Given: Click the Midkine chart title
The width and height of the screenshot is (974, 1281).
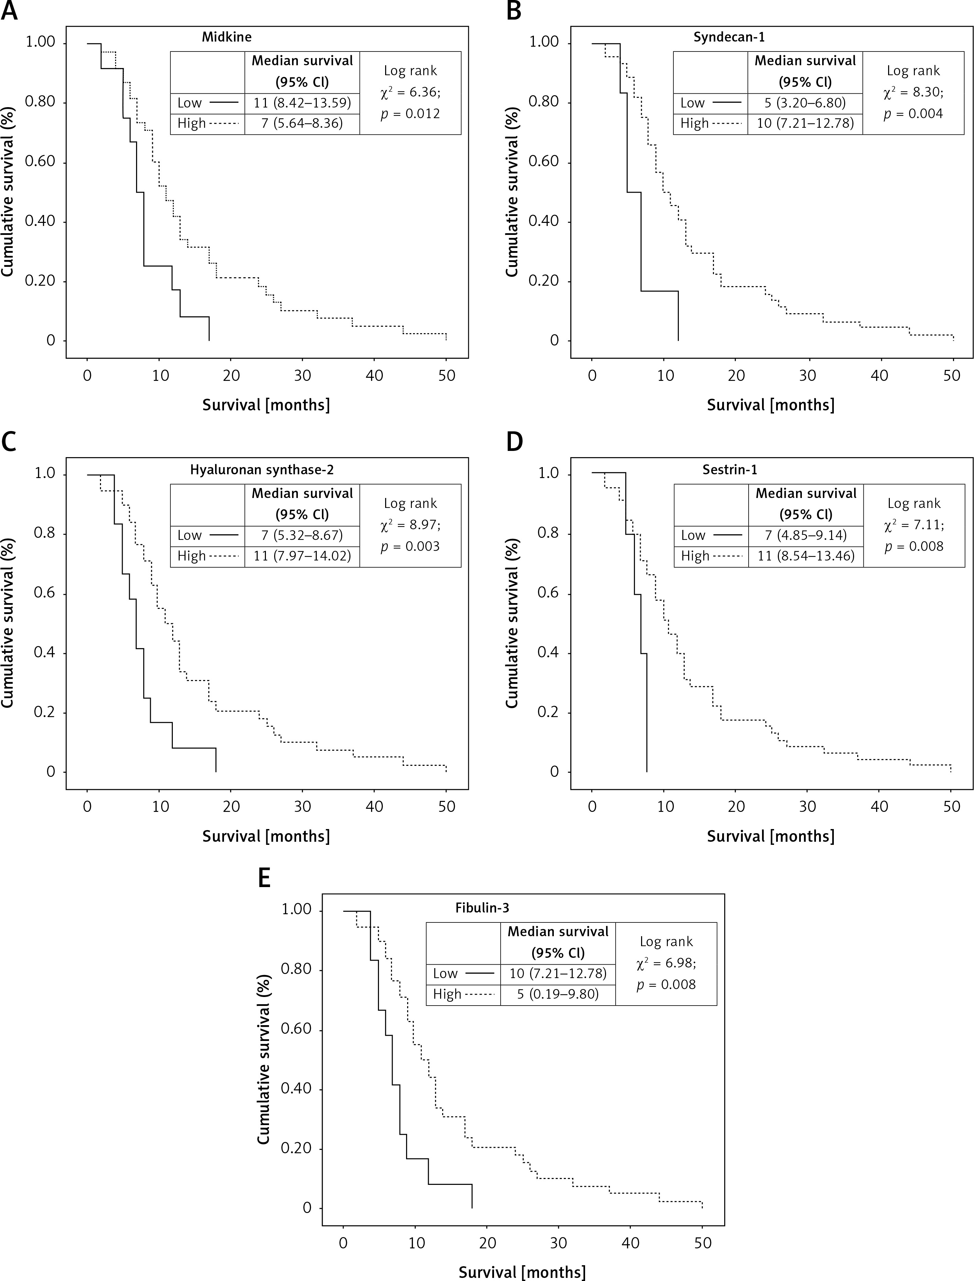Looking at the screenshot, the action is tap(227, 37).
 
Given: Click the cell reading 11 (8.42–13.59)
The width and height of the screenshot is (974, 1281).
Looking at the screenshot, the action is tap(302, 103).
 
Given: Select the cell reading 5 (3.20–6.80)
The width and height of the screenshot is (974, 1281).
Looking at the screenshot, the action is tap(805, 103).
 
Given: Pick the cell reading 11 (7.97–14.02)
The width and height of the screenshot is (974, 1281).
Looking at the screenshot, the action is tap(302, 556).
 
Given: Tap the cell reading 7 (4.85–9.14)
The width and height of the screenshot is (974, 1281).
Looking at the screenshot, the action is tap(806, 535).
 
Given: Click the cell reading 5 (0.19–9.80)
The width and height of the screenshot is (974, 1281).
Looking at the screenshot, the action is tap(558, 994).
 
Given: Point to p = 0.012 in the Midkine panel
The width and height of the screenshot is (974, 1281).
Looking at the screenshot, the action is tap(411, 114).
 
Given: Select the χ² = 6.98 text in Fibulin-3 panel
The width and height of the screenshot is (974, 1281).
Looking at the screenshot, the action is tap(666, 963).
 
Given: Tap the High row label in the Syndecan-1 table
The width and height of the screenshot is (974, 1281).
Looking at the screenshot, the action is tap(695, 123).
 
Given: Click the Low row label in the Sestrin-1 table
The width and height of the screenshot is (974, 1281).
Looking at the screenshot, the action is tap(693, 535).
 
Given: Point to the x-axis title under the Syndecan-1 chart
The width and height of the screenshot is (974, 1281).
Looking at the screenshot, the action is tap(771, 405).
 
